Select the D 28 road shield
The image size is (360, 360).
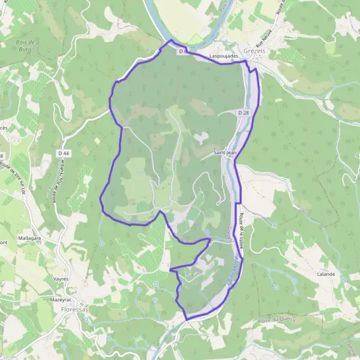243,113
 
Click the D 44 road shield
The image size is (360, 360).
64,154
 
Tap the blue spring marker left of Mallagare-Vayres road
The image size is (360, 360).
102,243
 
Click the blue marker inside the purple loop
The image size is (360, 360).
207,231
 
